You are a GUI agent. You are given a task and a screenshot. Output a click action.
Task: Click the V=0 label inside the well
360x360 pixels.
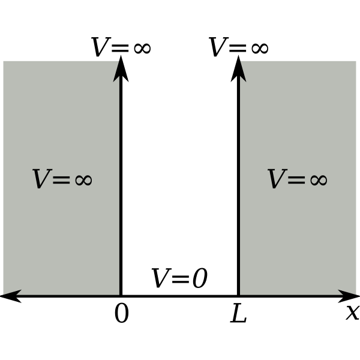click(x=180, y=278)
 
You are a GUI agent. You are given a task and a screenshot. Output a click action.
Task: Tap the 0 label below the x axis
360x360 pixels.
click(x=122, y=313)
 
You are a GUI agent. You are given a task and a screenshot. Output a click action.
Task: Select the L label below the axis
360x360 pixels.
click(x=238, y=313)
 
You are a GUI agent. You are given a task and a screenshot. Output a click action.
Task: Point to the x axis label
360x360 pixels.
click(x=353, y=313)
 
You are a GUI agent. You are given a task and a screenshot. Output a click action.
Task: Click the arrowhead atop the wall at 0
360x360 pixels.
click(x=121, y=69)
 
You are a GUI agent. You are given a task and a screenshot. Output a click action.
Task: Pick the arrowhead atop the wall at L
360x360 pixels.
click(x=238, y=69)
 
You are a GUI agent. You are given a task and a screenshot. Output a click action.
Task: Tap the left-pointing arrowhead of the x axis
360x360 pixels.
click(x=11, y=296)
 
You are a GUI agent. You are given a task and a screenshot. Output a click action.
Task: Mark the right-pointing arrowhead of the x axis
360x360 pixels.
click(x=349, y=296)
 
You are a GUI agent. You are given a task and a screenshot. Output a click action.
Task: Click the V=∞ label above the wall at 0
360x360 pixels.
click(x=121, y=47)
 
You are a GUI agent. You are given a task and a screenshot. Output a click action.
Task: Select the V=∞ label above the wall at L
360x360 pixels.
click(x=238, y=47)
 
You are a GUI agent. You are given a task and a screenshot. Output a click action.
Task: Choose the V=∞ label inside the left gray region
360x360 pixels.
click(x=62, y=179)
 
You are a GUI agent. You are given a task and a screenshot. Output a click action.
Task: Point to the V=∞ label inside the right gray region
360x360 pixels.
click(x=298, y=179)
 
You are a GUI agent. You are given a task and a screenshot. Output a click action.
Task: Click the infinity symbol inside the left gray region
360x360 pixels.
click(x=83, y=180)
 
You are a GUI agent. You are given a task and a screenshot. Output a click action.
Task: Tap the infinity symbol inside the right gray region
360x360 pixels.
click(x=319, y=180)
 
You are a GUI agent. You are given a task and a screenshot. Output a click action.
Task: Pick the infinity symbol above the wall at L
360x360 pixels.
click(x=260, y=48)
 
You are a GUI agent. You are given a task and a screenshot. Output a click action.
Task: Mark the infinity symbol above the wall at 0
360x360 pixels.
click(x=142, y=48)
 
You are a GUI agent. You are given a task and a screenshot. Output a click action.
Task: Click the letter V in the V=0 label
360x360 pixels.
click(x=161, y=278)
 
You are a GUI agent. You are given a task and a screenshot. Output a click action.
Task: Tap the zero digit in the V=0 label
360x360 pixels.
click(x=200, y=278)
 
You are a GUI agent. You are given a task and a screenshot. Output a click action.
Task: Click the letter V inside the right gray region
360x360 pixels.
click(x=277, y=179)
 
